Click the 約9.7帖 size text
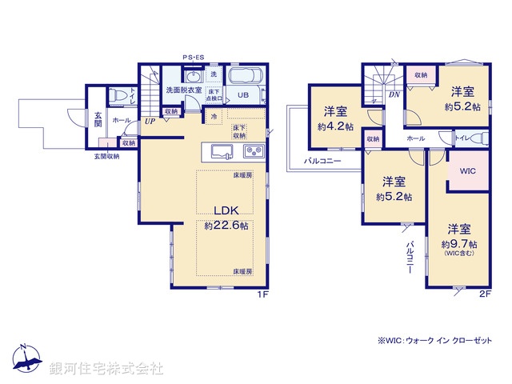point(459,244)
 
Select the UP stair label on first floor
point(150,122)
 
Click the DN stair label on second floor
point(394,94)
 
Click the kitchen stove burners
point(253,151)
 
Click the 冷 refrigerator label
point(214,117)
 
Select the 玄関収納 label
point(104,156)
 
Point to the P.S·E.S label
point(193,57)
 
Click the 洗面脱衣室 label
point(183,91)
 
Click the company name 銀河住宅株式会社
point(106,369)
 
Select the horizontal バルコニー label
point(322,161)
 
